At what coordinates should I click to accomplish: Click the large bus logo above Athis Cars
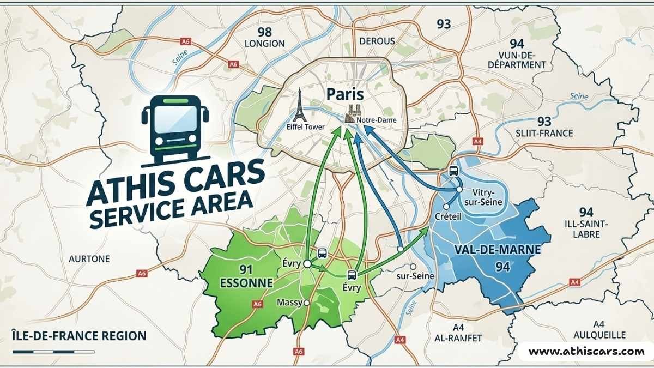[x=175, y=129]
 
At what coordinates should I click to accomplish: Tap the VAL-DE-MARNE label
[x=496, y=250]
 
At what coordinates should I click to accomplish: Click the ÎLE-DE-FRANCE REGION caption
[x=78, y=335]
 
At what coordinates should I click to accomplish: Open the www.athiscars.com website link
[x=586, y=351]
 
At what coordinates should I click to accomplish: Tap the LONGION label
[x=265, y=43]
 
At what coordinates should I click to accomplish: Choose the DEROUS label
[x=377, y=41]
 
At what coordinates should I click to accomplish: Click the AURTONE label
[x=89, y=258]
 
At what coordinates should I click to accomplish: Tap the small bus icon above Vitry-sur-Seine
[x=453, y=170]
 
